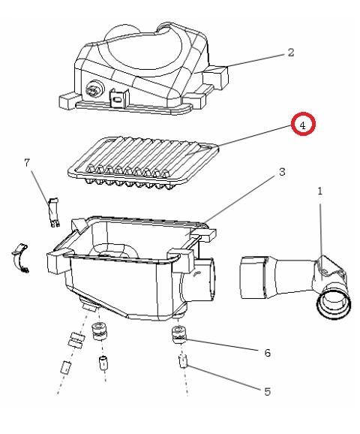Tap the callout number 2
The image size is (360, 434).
click(x=290, y=53)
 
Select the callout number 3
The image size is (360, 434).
click(x=282, y=172)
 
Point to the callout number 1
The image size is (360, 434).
click(x=320, y=191)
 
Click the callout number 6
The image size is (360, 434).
click(x=267, y=353)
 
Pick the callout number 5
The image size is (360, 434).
click(x=267, y=392)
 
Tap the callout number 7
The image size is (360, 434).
click(x=27, y=162)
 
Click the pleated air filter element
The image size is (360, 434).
click(x=144, y=163)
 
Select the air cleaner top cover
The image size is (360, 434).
click(x=144, y=68)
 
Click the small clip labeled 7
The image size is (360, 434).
click(x=54, y=212)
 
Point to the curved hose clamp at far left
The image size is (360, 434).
click(x=20, y=258)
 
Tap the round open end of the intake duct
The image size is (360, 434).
click(x=334, y=304)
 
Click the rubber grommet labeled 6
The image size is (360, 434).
click(x=180, y=335)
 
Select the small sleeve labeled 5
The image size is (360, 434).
click(x=183, y=361)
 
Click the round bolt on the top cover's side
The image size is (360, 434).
click(x=94, y=89)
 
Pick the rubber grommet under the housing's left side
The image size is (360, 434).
click(x=99, y=331)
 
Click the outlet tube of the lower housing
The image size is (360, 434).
click(x=198, y=279)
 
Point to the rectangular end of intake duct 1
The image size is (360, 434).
click(x=253, y=278)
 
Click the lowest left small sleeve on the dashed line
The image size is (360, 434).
click(x=65, y=368)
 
